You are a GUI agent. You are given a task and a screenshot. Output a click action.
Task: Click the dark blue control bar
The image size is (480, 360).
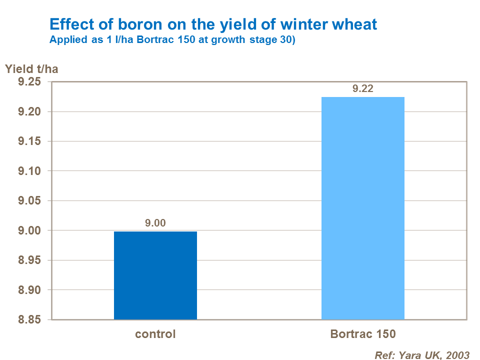(155, 275)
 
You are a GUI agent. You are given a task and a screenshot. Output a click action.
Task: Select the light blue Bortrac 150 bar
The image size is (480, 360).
(362, 208)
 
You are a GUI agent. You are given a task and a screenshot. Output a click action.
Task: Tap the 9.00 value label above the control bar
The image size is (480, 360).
(155, 223)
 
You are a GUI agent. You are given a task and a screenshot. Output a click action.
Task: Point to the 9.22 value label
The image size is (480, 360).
(363, 89)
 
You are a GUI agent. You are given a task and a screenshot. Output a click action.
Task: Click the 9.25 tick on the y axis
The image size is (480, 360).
(31, 82)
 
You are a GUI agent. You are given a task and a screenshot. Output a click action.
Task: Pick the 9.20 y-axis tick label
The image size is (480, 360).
(31, 111)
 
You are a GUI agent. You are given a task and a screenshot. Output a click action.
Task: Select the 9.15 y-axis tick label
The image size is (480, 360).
(31, 141)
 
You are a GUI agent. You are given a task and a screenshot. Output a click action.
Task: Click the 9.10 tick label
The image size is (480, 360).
(31, 171)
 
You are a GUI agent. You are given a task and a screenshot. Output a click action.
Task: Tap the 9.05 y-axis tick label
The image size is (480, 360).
(31, 201)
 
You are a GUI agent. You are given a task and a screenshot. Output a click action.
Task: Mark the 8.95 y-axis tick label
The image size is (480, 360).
(31, 260)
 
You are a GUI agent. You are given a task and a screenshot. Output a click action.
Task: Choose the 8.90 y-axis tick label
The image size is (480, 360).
(31, 290)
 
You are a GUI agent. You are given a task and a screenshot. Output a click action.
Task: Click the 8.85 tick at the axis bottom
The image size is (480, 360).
(31, 320)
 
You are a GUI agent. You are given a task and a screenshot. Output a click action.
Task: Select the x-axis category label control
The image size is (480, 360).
(155, 334)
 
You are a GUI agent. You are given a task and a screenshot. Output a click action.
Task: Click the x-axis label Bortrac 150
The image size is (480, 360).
(363, 334)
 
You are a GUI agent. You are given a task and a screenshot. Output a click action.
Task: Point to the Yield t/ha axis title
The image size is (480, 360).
(31, 69)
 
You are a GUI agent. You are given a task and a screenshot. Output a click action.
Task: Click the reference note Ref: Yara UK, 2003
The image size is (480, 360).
(422, 355)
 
